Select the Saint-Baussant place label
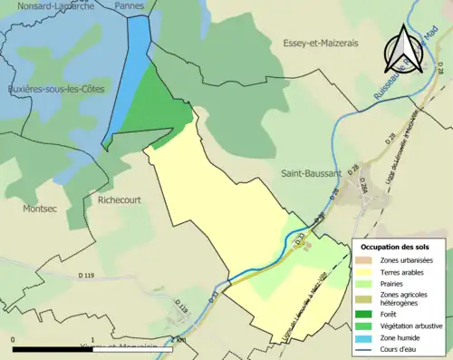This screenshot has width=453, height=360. pyautogui.click(x=309, y=170)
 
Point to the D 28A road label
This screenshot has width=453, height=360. pyautogui.click(x=363, y=186)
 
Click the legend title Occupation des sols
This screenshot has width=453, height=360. pyautogui.click(x=395, y=247)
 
